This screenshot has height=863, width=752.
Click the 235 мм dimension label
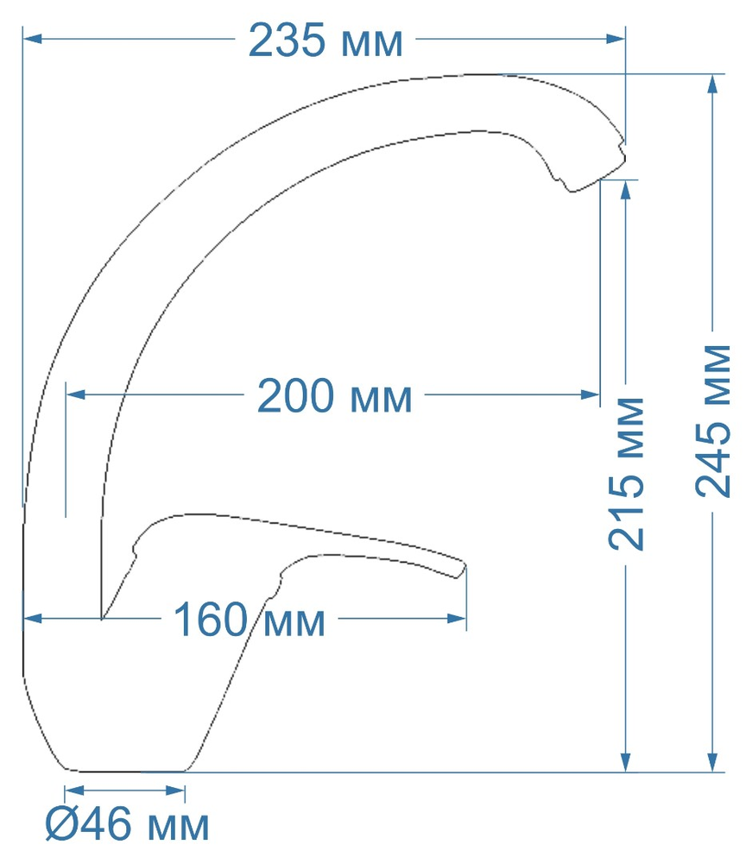click(x=325, y=41)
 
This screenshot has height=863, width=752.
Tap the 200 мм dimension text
click(x=335, y=397)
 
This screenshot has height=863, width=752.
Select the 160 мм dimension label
click(x=250, y=620)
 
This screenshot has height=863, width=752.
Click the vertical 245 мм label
click(x=713, y=420)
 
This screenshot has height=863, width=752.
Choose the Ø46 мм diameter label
click(x=127, y=826)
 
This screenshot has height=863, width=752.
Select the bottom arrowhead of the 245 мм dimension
click(x=712, y=763)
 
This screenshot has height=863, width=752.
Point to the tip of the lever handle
click(x=463, y=570)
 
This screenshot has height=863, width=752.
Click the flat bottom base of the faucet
click(x=126, y=769)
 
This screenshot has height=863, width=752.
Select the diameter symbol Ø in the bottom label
click(x=61, y=826)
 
